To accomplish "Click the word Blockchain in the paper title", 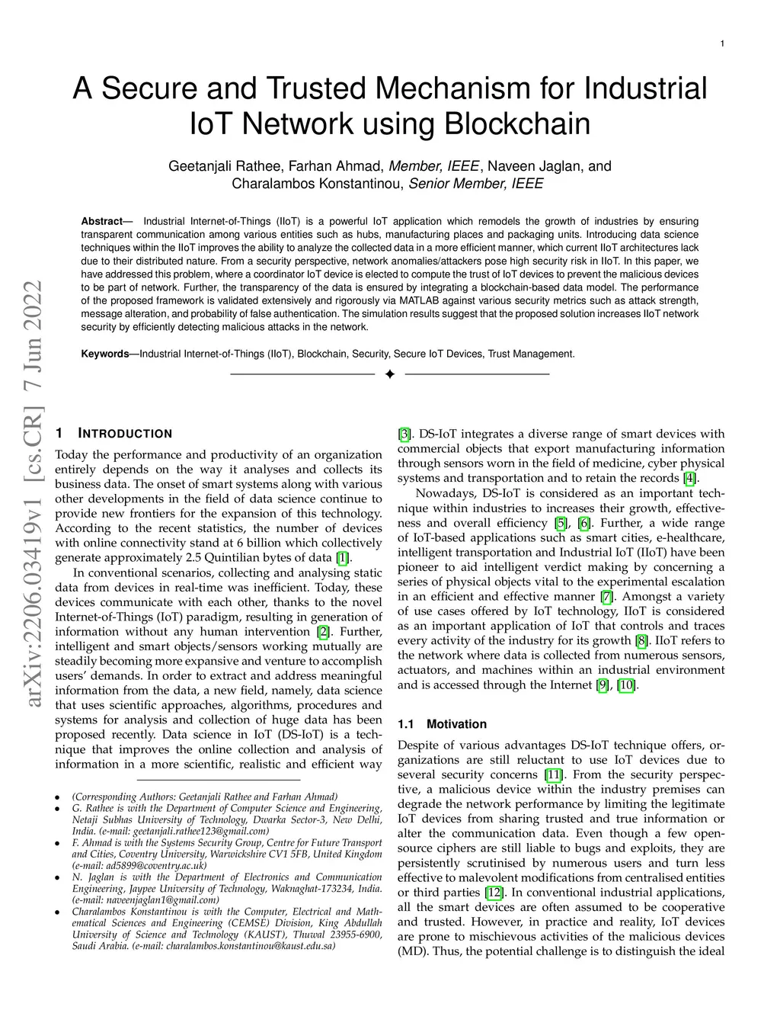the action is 517,123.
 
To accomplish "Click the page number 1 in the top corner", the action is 722,43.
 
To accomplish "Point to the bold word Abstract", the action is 101,221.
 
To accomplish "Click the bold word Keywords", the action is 105,354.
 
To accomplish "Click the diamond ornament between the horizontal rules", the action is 390,374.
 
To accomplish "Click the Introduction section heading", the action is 125,433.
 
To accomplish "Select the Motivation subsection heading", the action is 456,724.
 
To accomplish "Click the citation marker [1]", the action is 343,558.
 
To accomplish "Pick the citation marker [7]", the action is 606,596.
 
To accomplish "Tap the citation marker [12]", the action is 494,893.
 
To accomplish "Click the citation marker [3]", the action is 404,434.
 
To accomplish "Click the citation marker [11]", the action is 554,774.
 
